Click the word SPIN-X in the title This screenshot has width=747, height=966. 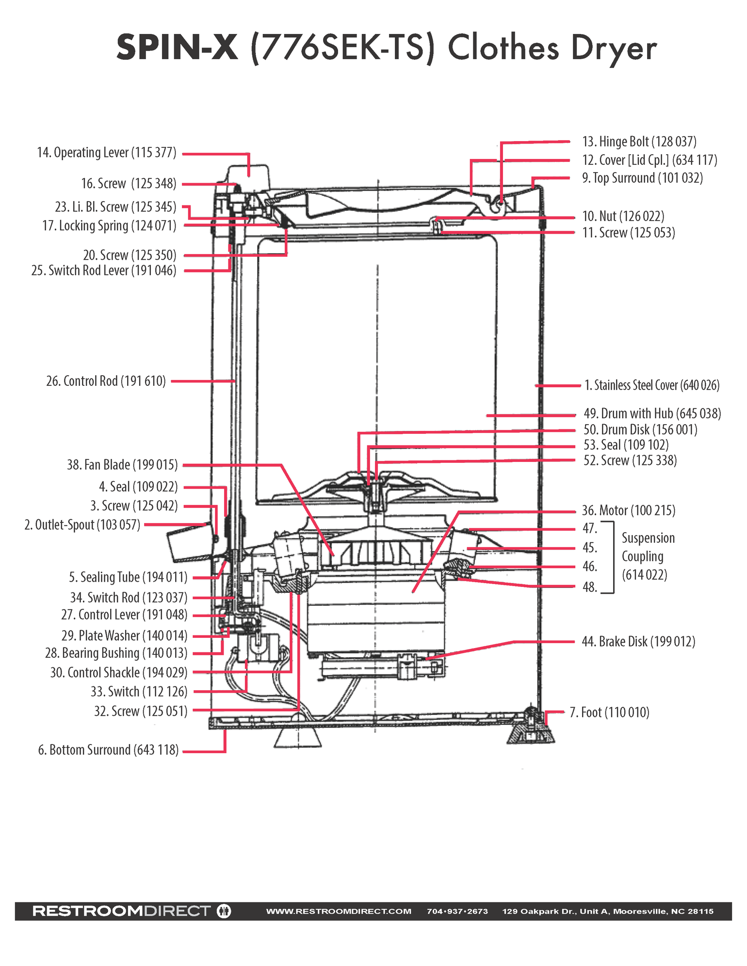(x=178, y=48)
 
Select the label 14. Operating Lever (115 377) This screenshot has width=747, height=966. (x=107, y=153)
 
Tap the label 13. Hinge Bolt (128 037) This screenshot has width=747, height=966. (x=639, y=142)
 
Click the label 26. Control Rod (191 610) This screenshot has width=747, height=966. (x=106, y=381)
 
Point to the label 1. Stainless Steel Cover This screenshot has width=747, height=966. (x=651, y=385)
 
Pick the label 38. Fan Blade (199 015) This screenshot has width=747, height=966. (x=122, y=465)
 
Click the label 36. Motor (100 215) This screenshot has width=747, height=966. (x=629, y=510)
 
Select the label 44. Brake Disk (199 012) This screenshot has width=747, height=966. (x=638, y=642)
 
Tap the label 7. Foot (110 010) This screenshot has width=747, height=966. (x=609, y=713)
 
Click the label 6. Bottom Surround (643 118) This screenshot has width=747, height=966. (x=108, y=750)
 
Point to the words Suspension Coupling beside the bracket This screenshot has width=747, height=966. (x=648, y=556)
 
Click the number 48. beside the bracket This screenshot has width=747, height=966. (x=590, y=587)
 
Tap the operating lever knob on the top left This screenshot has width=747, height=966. (x=248, y=177)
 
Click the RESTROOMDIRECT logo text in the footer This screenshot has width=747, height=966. (x=121, y=911)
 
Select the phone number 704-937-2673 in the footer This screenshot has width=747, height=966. (x=457, y=911)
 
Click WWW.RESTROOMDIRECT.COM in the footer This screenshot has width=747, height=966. (x=339, y=911)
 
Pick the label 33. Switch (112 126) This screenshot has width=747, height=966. (x=139, y=692)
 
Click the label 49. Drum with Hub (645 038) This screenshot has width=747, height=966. (x=652, y=413)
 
